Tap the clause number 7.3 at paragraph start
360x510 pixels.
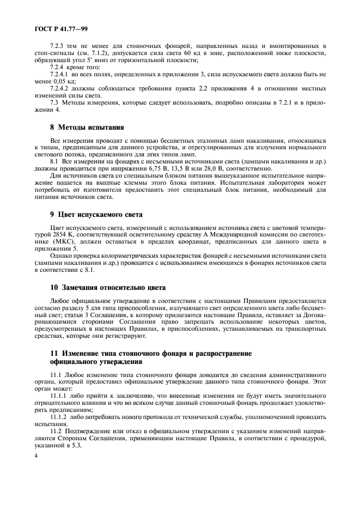click(54, 101)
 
